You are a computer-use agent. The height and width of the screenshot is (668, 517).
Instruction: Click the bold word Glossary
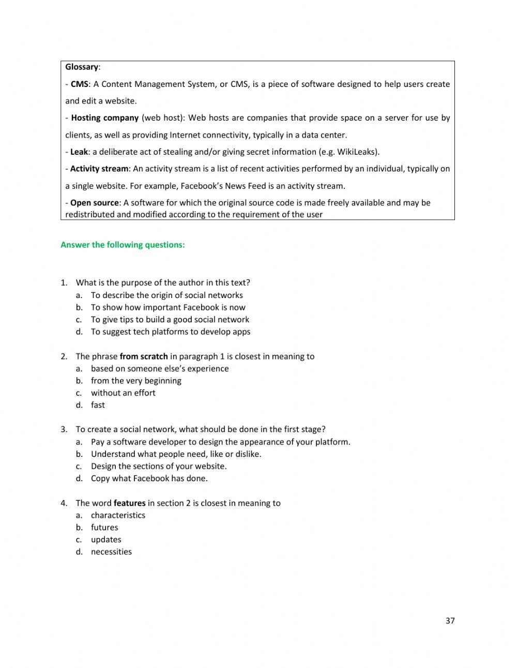(82, 67)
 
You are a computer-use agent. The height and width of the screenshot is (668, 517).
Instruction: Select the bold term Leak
(79, 152)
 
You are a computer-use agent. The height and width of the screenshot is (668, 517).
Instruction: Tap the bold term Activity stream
(99, 169)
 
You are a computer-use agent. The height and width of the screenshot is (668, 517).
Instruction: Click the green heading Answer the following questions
(123, 245)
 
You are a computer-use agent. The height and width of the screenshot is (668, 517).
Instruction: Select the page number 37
(450, 620)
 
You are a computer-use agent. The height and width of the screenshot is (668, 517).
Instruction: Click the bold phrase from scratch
(144, 356)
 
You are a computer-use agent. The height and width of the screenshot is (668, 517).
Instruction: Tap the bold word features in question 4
(129, 503)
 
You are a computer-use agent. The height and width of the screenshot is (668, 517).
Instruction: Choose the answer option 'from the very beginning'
(136, 381)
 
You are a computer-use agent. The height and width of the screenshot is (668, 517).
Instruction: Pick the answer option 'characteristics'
(118, 515)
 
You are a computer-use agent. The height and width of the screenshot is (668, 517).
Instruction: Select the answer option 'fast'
(98, 405)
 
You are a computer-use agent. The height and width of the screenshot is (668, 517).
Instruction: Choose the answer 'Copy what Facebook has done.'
(149, 479)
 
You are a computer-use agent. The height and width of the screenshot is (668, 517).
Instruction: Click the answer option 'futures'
(104, 527)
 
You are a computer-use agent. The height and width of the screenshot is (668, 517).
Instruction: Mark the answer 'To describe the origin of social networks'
(166, 295)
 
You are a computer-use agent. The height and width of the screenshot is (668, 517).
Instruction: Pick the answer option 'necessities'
(111, 552)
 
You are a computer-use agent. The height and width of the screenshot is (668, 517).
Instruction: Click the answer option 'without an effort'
(123, 393)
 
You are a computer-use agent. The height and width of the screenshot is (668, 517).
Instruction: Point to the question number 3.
(64, 429)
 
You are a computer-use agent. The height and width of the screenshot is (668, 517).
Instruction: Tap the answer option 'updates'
(105, 540)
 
